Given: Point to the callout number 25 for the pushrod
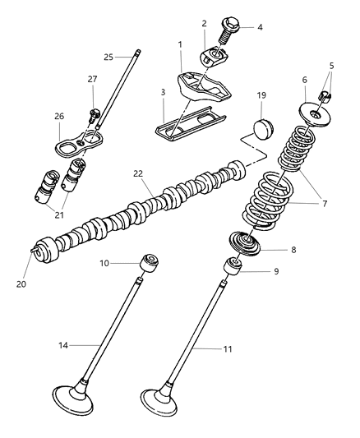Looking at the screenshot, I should pyautogui.click(x=108, y=57).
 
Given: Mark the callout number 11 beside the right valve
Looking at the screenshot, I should pyautogui.click(x=228, y=349).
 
